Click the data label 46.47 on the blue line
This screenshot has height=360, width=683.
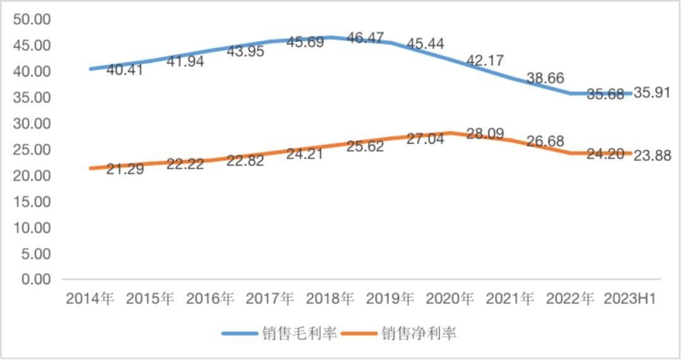(366, 39)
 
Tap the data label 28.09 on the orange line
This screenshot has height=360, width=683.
(485, 133)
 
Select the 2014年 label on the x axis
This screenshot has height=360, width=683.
(90, 299)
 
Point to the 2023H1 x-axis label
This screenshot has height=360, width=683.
(630, 299)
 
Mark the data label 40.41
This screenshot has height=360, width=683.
(125, 69)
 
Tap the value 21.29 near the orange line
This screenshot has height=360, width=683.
(125, 169)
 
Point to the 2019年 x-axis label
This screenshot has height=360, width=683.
(390, 299)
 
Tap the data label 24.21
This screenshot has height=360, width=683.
(304, 153)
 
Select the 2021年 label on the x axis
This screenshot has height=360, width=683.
(510, 299)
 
